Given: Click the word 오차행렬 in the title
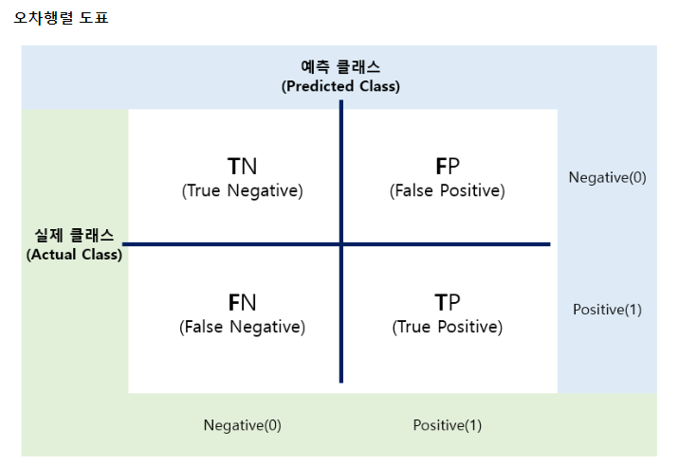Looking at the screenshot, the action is (40, 17).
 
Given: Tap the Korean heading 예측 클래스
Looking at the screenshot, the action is (340, 67).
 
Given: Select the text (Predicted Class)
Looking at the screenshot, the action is (340, 85).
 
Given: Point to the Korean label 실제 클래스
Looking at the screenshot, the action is (74, 236).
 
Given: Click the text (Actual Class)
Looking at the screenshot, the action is (74, 254).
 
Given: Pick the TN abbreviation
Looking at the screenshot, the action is (242, 167).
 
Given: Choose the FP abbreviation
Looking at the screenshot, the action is (448, 167).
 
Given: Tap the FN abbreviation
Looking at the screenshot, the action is (242, 302).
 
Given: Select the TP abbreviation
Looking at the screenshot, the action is (448, 302).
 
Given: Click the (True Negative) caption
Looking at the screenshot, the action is (242, 190).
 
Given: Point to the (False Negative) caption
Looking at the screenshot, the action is (242, 327).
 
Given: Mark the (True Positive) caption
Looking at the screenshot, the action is (448, 327).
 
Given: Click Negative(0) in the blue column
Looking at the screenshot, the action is (607, 177).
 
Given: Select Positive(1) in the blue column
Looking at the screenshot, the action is (607, 310).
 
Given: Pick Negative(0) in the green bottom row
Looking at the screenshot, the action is (242, 425).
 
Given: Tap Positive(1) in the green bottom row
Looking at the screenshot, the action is (448, 425).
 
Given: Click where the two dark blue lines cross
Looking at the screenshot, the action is (341, 244).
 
